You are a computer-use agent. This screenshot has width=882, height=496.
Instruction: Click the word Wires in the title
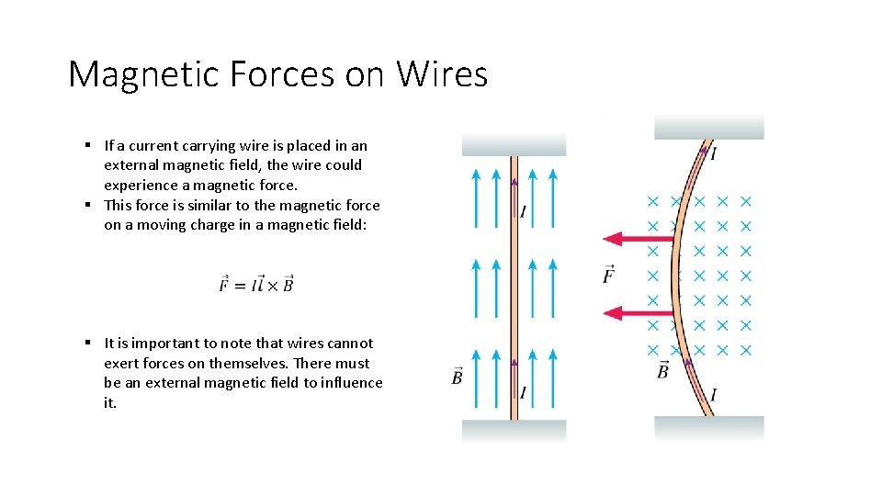click(442, 73)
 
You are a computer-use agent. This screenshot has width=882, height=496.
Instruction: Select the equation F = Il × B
click(256, 284)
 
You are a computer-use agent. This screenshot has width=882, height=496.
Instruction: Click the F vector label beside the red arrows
click(608, 273)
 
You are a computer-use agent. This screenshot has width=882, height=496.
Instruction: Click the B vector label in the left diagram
click(457, 377)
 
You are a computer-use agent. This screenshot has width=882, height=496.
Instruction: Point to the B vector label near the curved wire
click(661, 370)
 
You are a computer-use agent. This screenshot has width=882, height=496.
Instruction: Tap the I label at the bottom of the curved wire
click(713, 395)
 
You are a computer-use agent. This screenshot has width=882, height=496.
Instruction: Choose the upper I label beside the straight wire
click(523, 212)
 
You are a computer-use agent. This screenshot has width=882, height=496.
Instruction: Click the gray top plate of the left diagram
click(514, 145)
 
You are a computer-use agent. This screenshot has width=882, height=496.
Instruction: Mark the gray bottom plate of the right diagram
click(708, 428)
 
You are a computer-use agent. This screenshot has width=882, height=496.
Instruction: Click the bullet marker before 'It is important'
click(85, 343)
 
